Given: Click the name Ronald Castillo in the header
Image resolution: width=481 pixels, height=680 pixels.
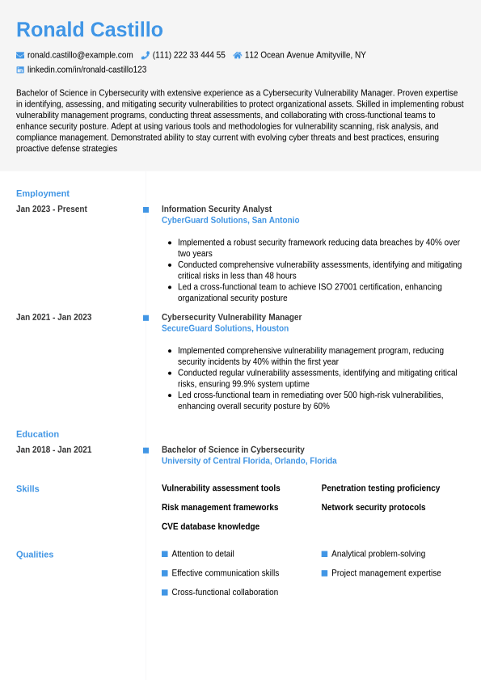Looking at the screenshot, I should click(x=90, y=30).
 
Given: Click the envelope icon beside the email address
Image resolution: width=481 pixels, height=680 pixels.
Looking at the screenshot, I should click(x=20, y=55).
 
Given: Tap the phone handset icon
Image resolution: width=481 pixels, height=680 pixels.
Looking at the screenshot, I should click(x=146, y=55).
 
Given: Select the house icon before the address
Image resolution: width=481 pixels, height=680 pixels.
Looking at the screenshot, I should click(x=238, y=55).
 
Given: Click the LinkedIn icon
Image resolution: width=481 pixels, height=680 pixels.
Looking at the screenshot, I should click(x=20, y=70).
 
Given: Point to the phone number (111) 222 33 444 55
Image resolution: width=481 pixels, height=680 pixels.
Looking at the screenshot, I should click(x=189, y=55).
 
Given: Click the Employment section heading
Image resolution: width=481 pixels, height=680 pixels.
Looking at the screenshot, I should click(x=43, y=193).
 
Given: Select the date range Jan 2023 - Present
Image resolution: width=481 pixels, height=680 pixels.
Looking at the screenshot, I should click(x=52, y=209).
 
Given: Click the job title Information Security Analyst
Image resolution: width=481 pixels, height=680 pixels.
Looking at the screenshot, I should click(x=217, y=209).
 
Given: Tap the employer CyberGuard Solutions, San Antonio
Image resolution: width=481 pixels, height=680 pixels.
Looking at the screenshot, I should click(x=230, y=220).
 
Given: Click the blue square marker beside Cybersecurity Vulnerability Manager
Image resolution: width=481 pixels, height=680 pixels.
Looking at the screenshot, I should click(x=146, y=318).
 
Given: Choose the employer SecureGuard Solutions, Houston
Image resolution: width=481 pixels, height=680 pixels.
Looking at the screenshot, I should click(x=225, y=328).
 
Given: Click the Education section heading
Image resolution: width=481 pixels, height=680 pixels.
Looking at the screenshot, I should click(x=37, y=434).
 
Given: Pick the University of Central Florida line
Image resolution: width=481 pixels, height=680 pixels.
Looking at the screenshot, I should click(x=249, y=461).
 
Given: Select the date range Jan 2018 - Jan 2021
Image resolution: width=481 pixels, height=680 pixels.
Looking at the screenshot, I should click(x=54, y=450).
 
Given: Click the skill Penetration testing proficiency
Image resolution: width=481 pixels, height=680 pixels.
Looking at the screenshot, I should click(x=381, y=488).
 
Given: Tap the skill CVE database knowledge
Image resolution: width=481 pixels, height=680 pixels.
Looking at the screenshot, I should click(x=210, y=526).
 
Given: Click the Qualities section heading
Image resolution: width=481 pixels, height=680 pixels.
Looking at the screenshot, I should click(x=35, y=555).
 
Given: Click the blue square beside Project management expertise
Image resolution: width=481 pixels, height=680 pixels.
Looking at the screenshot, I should click(x=324, y=573).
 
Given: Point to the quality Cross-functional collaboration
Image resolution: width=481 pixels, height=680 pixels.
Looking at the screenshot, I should click(x=225, y=593).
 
